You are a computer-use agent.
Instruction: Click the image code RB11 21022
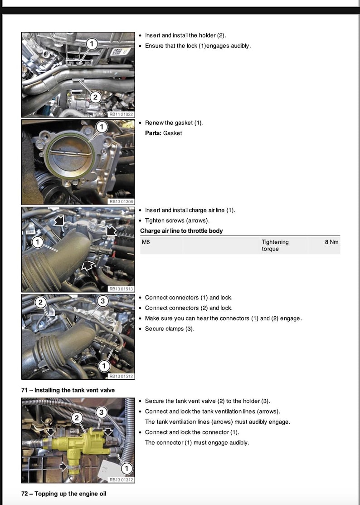tap(121, 114)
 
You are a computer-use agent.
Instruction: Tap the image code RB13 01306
tap(121, 201)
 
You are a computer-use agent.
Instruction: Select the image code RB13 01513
tap(121, 289)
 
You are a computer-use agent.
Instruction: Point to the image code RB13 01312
tap(121, 480)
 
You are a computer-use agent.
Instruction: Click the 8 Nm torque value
tap(331, 242)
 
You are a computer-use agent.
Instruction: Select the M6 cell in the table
tap(146, 242)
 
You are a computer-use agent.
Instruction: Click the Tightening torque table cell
tap(275, 245)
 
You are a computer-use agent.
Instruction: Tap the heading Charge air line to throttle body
tap(181, 231)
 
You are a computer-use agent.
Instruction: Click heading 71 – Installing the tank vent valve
tap(68, 390)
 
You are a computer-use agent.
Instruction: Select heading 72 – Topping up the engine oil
tap(63, 494)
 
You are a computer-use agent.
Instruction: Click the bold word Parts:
tap(153, 133)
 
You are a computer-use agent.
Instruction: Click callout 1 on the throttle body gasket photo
tap(102, 127)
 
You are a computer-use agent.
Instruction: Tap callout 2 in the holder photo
tap(95, 96)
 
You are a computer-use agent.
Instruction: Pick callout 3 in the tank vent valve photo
tap(102, 412)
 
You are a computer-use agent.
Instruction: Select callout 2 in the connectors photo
tap(40, 302)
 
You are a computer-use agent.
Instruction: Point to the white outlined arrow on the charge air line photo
tap(87, 266)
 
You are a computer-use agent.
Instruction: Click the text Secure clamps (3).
tap(170, 329)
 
